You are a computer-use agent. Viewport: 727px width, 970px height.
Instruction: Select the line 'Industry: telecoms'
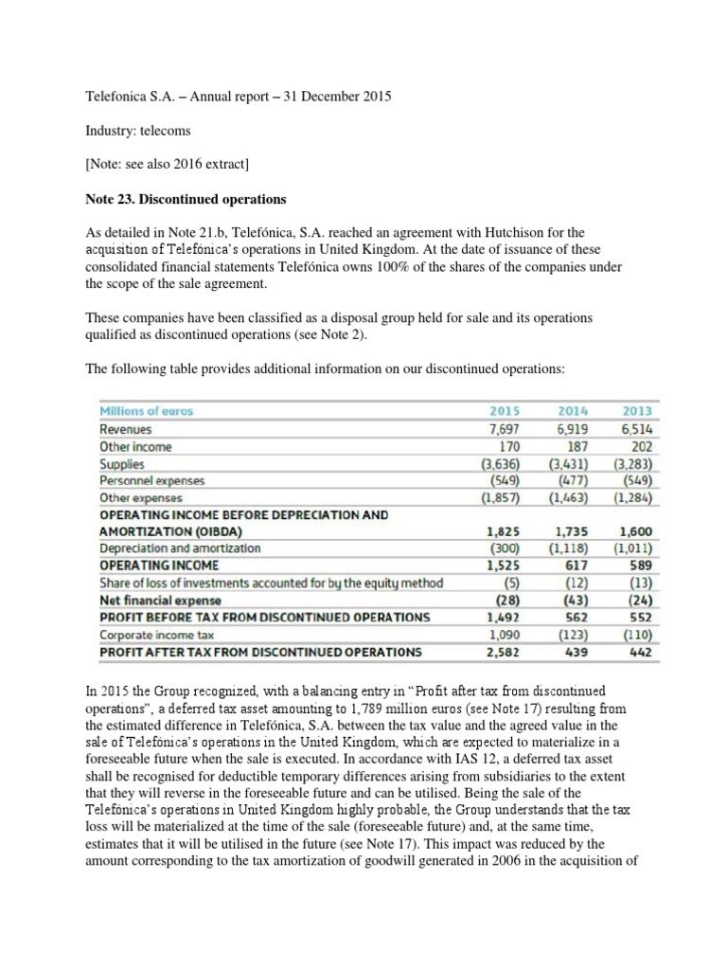tap(133, 131)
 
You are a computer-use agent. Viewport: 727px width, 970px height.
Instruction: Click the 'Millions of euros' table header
tap(146, 412)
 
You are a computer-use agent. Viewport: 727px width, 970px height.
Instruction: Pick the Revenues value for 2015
tap(504, 429)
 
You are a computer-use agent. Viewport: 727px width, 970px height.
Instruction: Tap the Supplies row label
tap(122, 464)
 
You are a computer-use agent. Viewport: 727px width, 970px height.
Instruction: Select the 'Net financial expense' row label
tap(160, 600)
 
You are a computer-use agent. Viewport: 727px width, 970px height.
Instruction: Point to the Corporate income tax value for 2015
tap(504, 635)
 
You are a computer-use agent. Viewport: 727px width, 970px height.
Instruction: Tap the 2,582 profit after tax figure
tap(503, 652)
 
